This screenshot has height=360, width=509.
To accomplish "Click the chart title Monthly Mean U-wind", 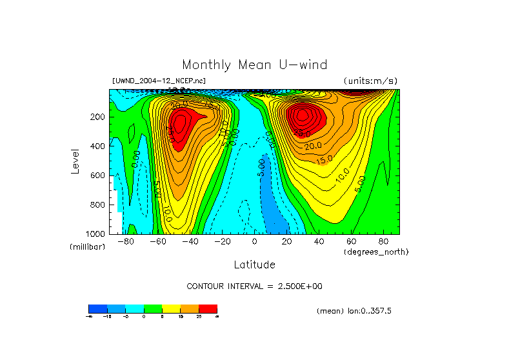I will tap(254, 65).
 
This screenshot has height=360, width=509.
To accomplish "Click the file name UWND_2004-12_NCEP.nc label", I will tap(159, 81).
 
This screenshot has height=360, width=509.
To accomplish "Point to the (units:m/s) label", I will tap(370, 81).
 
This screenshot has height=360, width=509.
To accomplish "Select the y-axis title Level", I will tap(75, 161).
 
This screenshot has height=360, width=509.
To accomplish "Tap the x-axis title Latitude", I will tap(254, 265).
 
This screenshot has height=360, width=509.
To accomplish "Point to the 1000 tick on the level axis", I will tap(95, 234).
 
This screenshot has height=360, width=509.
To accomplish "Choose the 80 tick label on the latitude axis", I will tap(383, 242).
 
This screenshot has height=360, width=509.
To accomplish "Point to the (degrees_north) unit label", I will tap(377, 252).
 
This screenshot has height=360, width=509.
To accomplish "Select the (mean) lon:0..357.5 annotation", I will tap(354, 311).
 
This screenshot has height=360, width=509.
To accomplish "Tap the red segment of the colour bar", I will tap(208, 308).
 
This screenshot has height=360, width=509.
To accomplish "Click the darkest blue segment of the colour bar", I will tap(97, 308).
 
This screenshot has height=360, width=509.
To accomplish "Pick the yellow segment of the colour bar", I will tap(171, 308).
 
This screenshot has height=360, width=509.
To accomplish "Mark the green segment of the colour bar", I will tap(153, 308).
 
